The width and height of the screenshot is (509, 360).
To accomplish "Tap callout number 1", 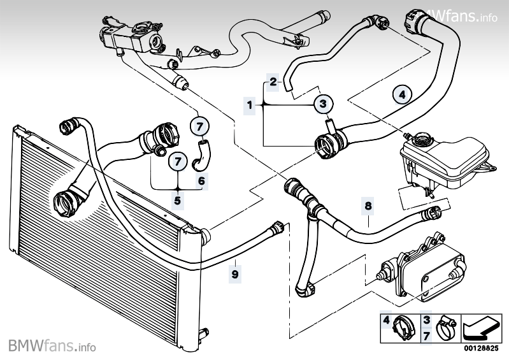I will (250, 104).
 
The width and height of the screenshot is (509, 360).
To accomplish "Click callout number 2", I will (273, 82).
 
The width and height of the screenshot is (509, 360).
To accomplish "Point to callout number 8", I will (368, 206).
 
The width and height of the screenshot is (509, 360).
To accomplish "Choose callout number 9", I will (235, 275).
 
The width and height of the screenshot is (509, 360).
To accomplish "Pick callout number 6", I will (201, 181).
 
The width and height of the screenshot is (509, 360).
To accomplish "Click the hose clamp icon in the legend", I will (445, 328).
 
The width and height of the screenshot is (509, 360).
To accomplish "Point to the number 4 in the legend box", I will (385, 320).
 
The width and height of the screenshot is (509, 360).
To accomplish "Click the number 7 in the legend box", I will (426, 334).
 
